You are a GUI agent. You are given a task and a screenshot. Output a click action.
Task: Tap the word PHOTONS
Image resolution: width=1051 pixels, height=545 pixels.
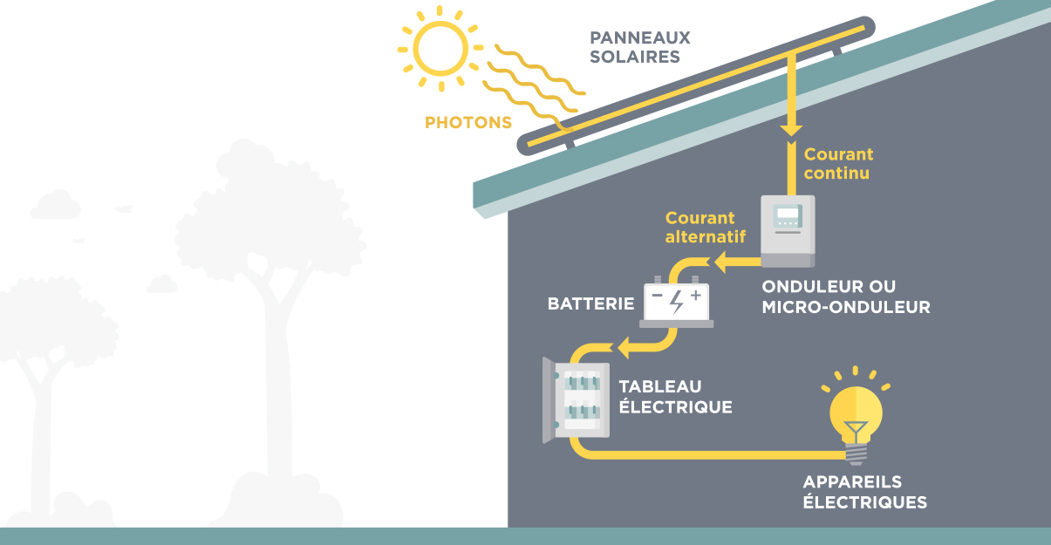(x=467, y=123)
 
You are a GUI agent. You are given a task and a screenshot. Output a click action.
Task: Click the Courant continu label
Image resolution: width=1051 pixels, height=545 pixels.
(x=837, y=163)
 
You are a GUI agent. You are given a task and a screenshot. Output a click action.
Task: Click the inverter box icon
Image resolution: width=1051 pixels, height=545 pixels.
(x=788, y=231)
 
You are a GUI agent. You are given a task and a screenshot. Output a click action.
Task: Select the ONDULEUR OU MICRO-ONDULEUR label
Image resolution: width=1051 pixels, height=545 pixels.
(x=845, y=296)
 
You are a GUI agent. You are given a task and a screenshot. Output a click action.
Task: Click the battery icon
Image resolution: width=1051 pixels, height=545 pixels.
(x=676, y=303)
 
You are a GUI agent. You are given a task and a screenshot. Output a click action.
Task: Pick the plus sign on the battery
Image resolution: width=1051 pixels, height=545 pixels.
(x=695, y=296)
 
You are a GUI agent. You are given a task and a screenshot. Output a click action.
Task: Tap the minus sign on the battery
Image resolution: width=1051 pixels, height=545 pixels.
(x=657, y=297)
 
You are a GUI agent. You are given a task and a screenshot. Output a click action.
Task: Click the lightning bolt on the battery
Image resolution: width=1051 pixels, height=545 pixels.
(x=676, y=301)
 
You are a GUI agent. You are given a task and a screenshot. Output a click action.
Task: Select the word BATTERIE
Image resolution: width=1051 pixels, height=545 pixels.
(x=590, y=304)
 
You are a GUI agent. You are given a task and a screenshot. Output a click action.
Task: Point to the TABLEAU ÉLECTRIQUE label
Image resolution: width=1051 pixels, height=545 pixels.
(x=674, y=397)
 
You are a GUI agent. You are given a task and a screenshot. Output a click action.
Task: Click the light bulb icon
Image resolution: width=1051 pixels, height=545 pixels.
(x=856, y=414)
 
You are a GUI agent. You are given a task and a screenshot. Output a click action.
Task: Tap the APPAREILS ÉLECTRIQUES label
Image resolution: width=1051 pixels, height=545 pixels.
(x=863, y=492)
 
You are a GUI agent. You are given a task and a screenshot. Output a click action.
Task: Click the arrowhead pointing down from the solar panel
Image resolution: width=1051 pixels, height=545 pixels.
(x=791, y=130)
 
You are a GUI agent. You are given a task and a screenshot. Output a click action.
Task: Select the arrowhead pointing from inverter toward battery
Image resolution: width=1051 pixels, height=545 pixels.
(x=720, y=260)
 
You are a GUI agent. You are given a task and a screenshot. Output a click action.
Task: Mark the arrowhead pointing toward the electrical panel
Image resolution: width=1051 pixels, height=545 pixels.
(x=624, y=350)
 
